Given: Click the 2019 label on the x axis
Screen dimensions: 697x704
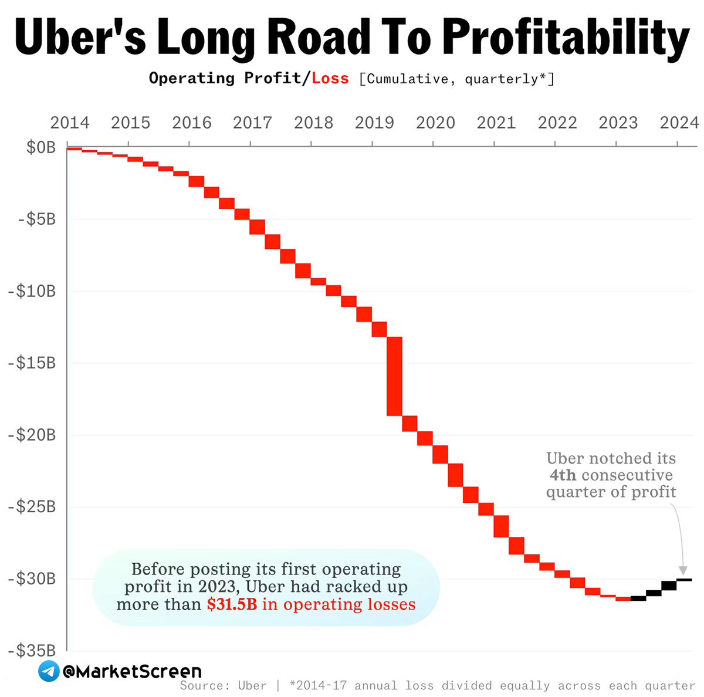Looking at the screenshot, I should tap(374, 123).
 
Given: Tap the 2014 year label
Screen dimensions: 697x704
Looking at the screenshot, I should tap(70, 123).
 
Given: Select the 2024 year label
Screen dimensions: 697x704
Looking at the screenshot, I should tap(679, 123).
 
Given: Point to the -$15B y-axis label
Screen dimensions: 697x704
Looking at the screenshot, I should tap(32, 363).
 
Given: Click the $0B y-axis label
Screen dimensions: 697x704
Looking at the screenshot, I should tap(41, 147).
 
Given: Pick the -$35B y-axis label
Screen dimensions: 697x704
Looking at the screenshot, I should tap(32, 651).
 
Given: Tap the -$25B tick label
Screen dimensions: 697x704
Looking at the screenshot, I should tap(32, 507).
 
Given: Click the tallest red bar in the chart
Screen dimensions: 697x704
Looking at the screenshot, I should tap(394, 376).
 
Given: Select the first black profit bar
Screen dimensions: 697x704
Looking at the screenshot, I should tap(638, 598).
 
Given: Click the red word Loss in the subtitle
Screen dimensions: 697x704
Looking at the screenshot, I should tap(330, 79).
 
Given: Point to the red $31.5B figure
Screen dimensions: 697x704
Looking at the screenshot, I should tap(232, 604).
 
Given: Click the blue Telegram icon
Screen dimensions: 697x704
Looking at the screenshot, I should tap(49, 671).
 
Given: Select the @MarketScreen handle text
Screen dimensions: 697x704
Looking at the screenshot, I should tap(132, 671).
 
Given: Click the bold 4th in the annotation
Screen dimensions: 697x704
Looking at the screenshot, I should tap(563, 475).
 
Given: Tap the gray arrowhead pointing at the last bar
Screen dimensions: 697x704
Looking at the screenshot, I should tap(682, 571).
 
